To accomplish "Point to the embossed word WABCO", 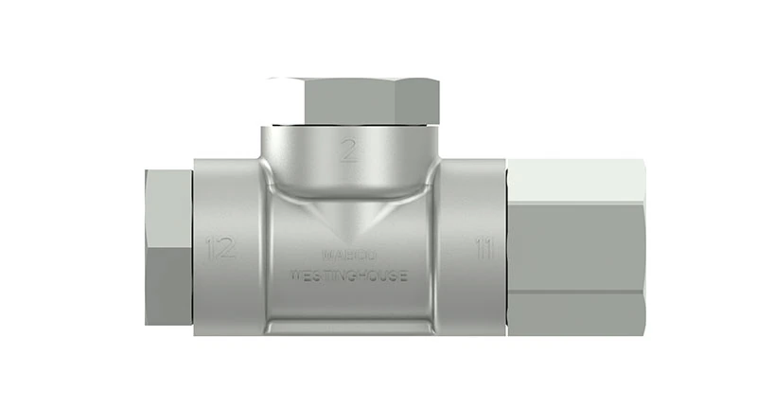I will pos(350,254).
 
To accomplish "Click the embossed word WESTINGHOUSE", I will pos(349,276).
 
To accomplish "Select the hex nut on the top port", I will pos(353,99).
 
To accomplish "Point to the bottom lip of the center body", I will pos(349,327).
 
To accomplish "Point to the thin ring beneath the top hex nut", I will pos(353,126).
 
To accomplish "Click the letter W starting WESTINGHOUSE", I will pos(294,276).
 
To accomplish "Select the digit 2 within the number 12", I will pos(226,250).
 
